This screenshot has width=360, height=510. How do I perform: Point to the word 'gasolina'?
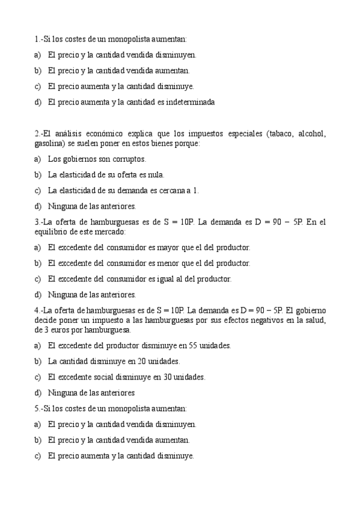[x=49, y=144]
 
